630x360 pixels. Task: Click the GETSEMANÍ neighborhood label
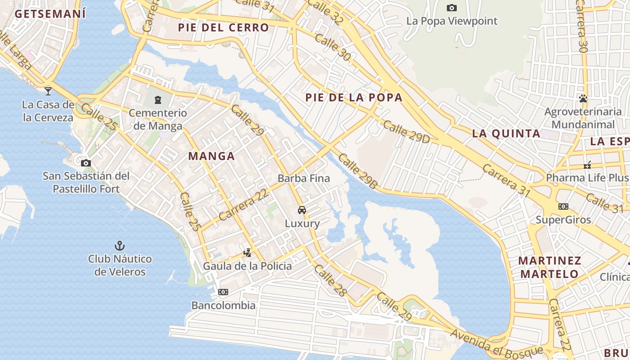50,13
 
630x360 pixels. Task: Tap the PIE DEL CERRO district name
223,27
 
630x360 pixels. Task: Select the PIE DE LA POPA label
354,98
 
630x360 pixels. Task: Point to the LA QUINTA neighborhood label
506,133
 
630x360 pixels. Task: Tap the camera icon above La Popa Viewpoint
452,8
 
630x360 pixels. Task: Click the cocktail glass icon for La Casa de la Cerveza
48,91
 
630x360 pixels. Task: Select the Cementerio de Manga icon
158,99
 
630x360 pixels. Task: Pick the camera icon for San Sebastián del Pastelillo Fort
86,163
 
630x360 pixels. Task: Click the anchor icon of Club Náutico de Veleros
119,246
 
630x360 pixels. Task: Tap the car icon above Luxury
302,210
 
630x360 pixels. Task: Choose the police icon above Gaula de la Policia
247,253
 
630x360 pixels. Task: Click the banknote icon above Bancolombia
223,292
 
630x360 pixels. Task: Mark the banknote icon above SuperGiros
563,207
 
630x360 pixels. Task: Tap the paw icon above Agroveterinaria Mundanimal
584,98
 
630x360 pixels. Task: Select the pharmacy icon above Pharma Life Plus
587,165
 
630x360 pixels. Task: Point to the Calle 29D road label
406,132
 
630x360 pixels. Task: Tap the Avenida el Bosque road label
496,342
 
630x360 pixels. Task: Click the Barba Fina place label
304,178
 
